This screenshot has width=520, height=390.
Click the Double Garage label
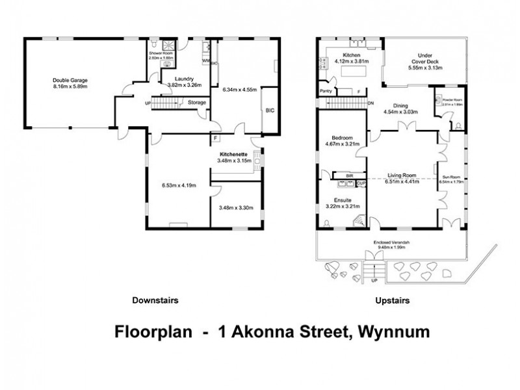[70, 80]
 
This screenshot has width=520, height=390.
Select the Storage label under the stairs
[197, 103]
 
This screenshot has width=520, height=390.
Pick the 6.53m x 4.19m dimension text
[179, 185]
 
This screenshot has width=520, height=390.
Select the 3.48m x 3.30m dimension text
[235, 207]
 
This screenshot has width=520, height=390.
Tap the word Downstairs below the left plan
[155, 300]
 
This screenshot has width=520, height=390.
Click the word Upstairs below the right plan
[392, 300]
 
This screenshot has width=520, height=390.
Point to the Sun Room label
[450, 176]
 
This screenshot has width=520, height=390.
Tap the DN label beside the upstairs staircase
[370, 103]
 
